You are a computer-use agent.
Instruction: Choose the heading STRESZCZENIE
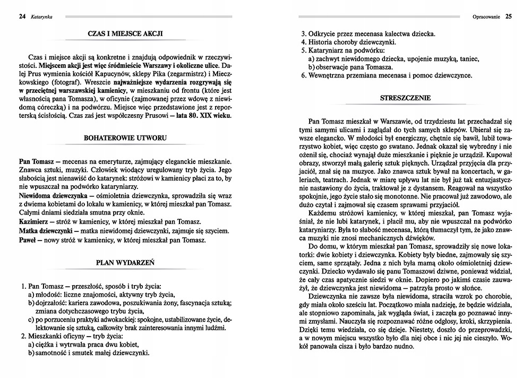pyautogui.click(x=405, y=98)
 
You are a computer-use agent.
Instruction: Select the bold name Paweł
pyautogui.click(x=28, y=240)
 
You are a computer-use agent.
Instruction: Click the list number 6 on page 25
pyautogui.click(x=303, y=76)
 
